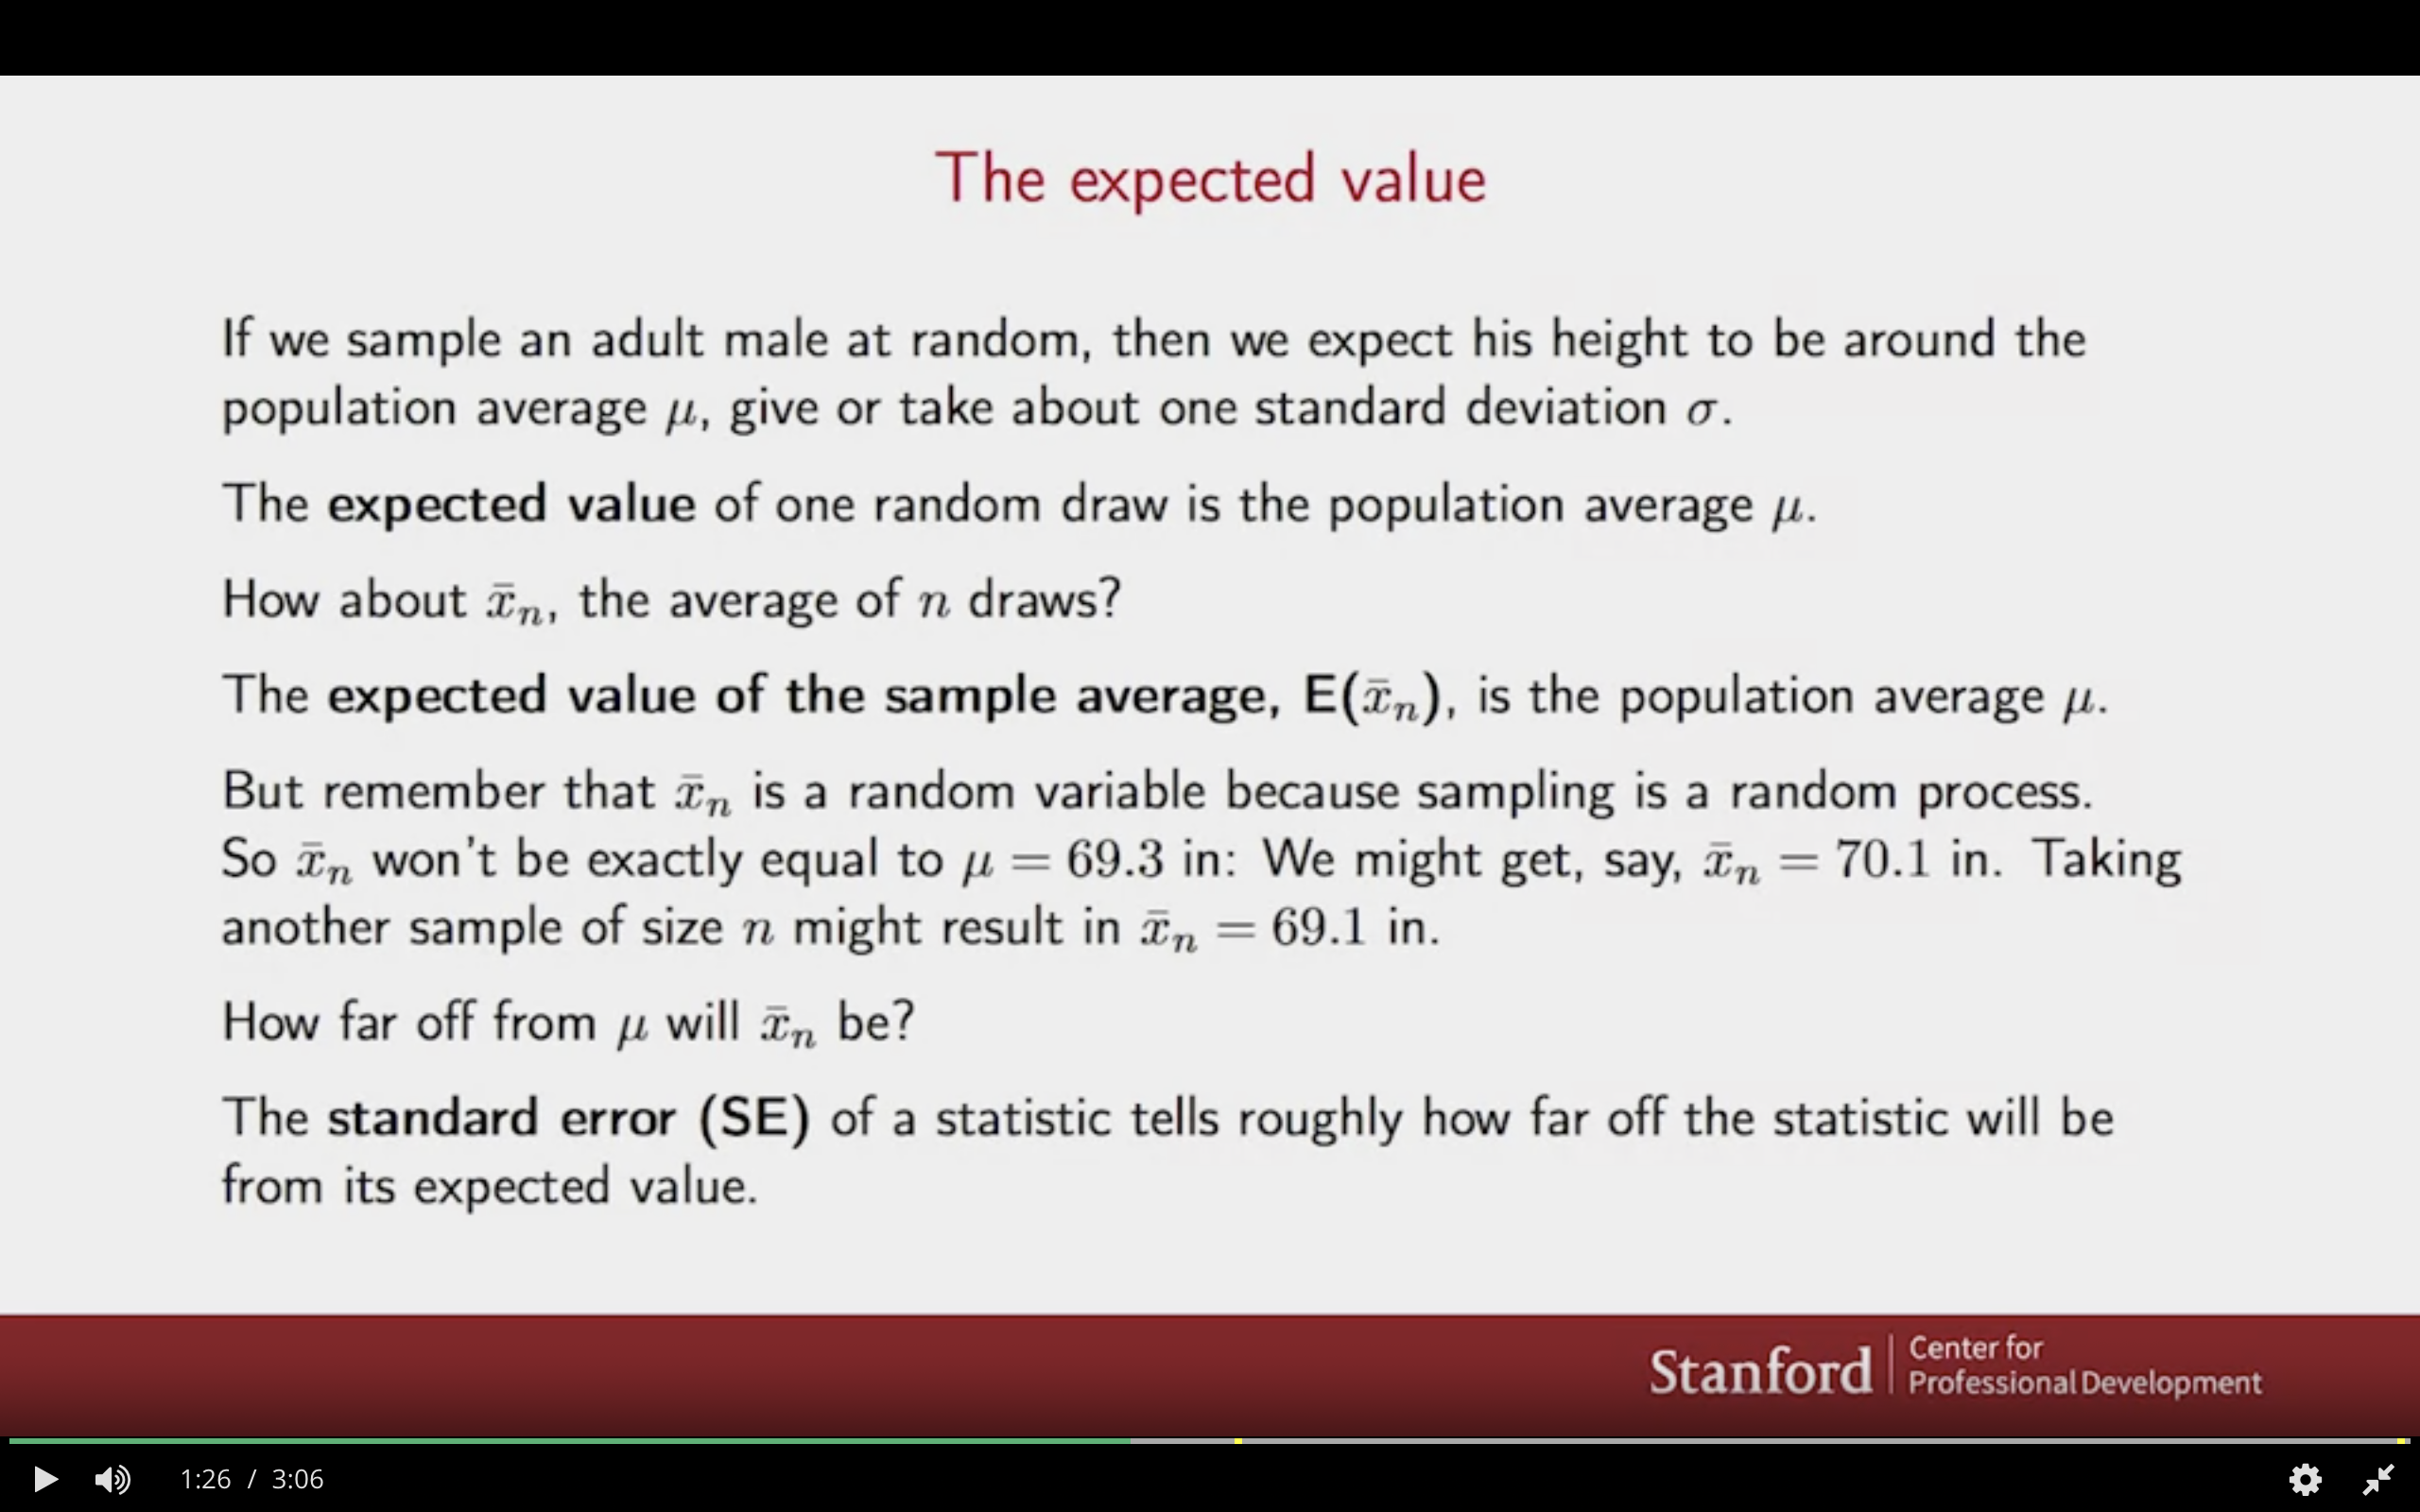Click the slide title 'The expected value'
(1210, 180)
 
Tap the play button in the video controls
(44, 1478)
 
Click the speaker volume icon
(112, 1478)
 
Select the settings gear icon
(2304, 1478)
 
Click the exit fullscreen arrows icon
(2378, 1478)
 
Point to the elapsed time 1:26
(205, 1478)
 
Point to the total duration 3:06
(298, 1478)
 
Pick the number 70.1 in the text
(1882, 859)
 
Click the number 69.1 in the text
(1318, 927)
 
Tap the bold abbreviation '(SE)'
(755, 1118)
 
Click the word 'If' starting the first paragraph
(236, 338)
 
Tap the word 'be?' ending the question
(875, 1022)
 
